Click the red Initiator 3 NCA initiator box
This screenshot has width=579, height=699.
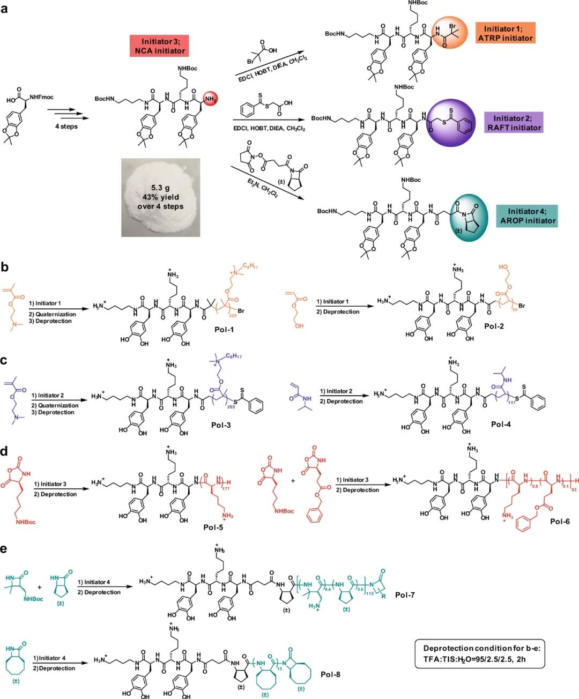pyautogui.click(x=159, y=46)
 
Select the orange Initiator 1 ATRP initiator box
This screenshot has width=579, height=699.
pyautogui.click(x=505, y=33)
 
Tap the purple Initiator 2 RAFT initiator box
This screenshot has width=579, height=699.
pyautogui.click(x=514, y=123)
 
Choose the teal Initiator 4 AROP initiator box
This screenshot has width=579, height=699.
pyautogui.click(x=528, y=215)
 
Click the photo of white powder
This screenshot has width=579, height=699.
pyautogui.click(x=160, y=197)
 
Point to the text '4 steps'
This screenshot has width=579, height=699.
pyautogui.click(x=66, y=127)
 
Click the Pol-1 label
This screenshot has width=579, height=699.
pyautogui.click(x=224, y=329)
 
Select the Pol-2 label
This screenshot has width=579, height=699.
pyautogui.click(x=494, y=326)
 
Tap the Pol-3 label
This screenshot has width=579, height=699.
pyautogui.click(x=221, y=425)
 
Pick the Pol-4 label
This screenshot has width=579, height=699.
pyautogui.click(x=501, y=424)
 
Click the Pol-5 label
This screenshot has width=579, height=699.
pyautogui.click(x=213, y=527)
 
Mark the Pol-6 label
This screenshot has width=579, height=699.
pyautogui.click(x=560, y=521)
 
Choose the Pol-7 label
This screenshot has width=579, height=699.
pyautogui.click(x=405, y=595)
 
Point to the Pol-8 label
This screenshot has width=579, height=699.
pyautogui.click(x=330, y=674)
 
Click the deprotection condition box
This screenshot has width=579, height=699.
pyautogui.click(x=480, y=653)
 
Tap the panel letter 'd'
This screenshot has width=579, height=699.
pyautogui.click(x=4, y=451)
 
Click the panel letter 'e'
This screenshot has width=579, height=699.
pyautogui.click(x=4, y=549)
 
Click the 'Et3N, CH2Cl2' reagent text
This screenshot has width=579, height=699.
pyautogui.click(x=262, y=188)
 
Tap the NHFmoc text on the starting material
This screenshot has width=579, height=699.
pyautogui.click(x=41, y=97)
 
